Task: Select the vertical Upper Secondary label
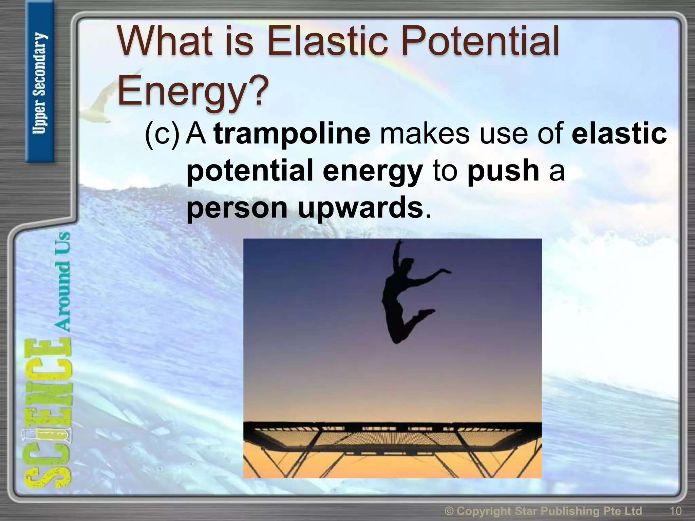(40, 83)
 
